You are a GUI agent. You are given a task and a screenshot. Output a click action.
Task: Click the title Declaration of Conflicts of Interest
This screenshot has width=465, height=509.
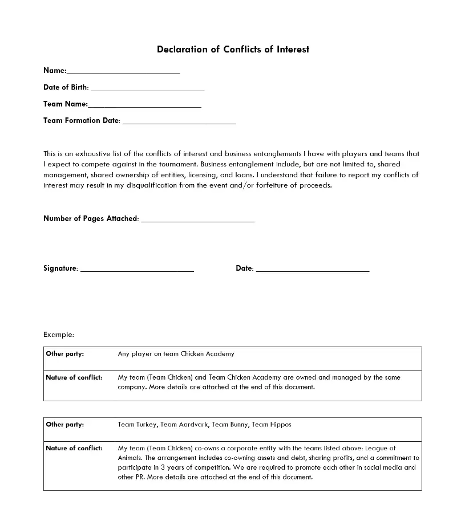[x=233, y=50]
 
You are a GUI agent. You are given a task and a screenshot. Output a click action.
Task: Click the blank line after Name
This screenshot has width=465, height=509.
[x=123, y=72]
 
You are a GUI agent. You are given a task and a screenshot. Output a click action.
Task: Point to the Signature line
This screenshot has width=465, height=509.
[x=137, y=270]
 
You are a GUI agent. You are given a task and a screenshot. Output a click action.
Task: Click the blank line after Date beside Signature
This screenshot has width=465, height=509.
[x=313, y=270]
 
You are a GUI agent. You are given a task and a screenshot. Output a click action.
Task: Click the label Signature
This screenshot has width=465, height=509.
[x=60, y=268]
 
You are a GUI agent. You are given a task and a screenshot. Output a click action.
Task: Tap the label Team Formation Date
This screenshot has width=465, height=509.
[x=81, y=121]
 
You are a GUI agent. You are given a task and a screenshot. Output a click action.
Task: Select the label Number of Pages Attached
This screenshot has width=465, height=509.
[x=90, y=219]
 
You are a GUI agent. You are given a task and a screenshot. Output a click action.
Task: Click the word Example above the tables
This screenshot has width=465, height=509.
[x=58, y=335]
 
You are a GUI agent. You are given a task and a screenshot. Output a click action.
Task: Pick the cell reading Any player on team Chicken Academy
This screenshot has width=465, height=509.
[x=176, y=354]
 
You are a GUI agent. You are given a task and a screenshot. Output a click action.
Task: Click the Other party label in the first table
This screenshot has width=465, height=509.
[x=64, y=354]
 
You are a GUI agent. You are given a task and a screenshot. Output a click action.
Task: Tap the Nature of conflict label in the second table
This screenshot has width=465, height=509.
[x=74, y=448]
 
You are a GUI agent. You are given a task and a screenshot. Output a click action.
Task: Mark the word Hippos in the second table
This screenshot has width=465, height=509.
[x=280, y=425]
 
